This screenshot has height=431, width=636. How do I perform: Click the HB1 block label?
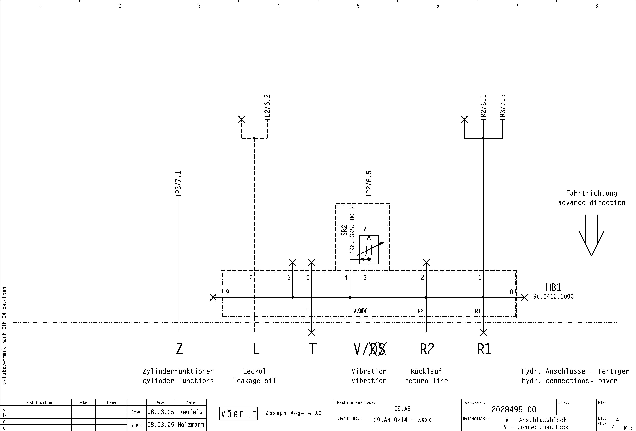(553, 287)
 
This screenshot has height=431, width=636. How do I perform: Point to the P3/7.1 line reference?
(178, 183)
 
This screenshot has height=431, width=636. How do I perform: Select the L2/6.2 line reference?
(267, 106)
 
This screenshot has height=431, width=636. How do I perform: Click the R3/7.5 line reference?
(503, 106)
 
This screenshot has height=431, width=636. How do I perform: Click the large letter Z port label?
(179, 349)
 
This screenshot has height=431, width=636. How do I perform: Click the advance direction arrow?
(591, 235)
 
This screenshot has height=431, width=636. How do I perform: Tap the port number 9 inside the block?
(228, 292)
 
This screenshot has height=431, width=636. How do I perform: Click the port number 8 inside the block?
(511, 292)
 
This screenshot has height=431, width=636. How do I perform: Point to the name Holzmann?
(191, 425)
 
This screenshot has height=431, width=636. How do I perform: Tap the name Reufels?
(191, 412)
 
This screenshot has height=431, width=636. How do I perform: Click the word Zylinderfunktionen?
(178, 371)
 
